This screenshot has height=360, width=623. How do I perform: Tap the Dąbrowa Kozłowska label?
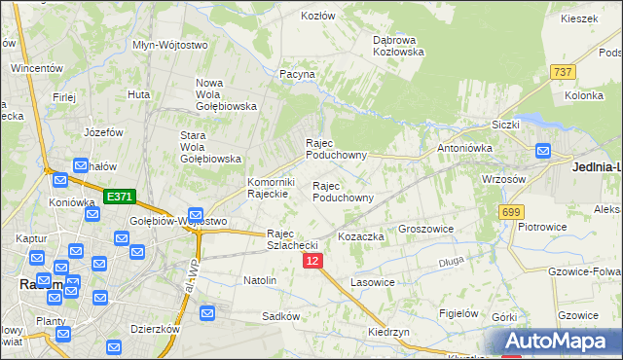[x=399, y=46]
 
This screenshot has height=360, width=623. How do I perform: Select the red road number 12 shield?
[x=311, y=261]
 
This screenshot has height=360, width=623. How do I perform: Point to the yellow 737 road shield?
[x=562, y=72]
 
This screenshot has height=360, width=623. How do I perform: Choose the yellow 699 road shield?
[x=511, y=211]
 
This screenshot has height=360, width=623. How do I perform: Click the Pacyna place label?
[x=297, y=74]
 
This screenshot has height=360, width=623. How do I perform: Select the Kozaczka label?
[x=361, y=236]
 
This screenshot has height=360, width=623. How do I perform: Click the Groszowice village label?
[x=427, y=231]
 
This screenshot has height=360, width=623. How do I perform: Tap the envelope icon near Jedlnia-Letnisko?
[x=542, y=152]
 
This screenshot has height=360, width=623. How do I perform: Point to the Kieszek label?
[x=578, y=18]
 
